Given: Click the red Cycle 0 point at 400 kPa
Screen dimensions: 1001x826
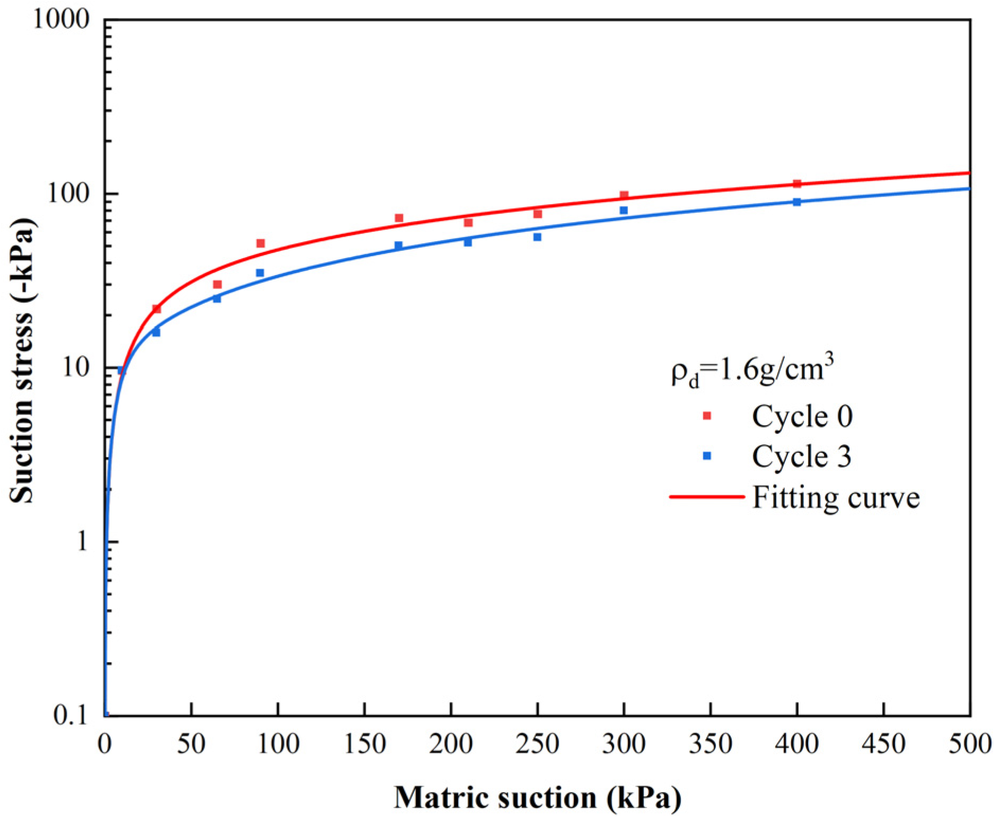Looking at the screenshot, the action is [x=797, y=183].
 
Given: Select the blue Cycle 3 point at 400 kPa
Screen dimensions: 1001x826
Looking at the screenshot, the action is [x=797, y=202].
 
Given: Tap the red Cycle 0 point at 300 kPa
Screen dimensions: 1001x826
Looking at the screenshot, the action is [x=624, y=195].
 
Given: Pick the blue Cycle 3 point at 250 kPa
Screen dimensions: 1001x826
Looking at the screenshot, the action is [x=537, y=237].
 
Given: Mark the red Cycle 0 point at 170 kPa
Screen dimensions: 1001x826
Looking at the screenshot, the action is [x=399, y=218].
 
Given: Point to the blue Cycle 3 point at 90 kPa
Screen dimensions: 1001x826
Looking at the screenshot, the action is [x=260, y=273].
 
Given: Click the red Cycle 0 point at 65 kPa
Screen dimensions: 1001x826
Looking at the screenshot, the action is [x=217, y=285].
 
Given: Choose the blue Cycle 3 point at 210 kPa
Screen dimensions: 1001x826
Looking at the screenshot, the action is [x=468, y=242].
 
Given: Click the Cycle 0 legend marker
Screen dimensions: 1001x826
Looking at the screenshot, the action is [x=707, y=416].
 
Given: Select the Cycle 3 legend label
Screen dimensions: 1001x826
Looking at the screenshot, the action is [x=801, y=456].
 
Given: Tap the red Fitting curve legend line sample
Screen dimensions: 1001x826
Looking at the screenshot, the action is [x=707, y=497].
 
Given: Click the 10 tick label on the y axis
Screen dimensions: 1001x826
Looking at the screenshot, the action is [x=77, y=367].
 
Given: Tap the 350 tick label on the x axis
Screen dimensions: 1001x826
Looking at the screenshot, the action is [x=711, y=744].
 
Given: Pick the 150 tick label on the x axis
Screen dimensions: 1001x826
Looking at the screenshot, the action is [x=365, y=744].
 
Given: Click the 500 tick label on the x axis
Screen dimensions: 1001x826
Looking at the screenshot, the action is [x=970, y=744].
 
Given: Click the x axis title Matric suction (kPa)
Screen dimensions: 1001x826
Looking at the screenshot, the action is [x=537, y=798].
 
